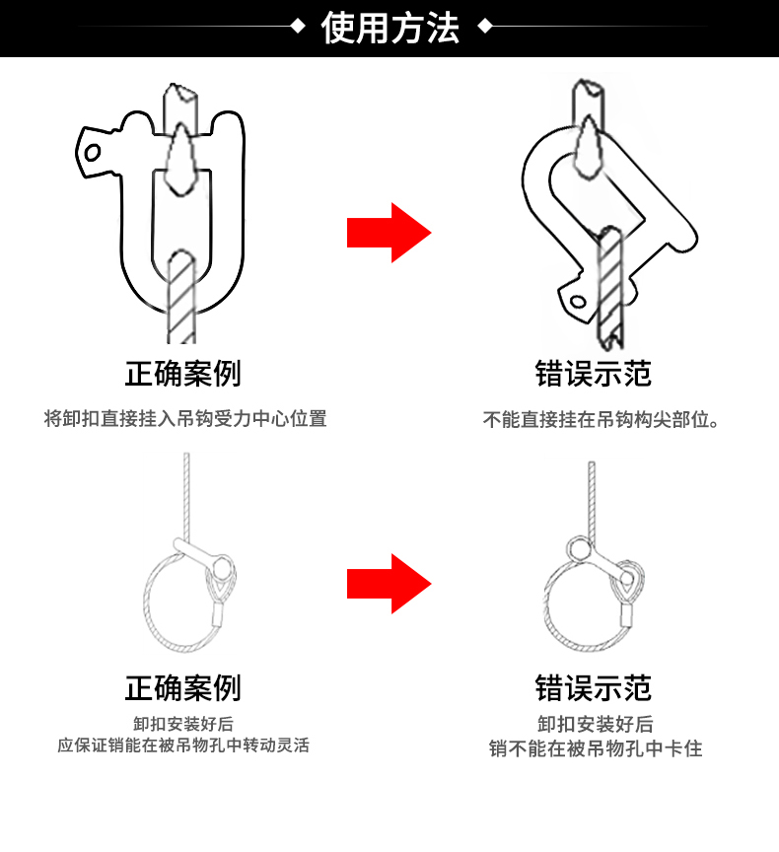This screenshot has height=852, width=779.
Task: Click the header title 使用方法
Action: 390,28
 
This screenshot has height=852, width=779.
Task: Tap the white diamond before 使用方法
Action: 298,28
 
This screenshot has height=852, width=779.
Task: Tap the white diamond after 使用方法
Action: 484,28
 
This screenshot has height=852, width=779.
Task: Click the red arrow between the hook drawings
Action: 389,233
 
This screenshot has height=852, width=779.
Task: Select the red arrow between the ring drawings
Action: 389,584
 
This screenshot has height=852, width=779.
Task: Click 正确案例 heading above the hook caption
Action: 182,374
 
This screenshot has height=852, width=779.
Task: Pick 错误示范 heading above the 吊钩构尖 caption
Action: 594,374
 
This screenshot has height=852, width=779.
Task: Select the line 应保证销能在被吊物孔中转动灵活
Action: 183,745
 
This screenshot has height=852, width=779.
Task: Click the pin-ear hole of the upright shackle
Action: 93,153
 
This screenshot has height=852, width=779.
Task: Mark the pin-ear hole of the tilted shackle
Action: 575,300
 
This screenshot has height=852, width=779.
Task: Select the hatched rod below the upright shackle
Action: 182,296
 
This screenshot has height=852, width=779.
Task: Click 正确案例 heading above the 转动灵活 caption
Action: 182,688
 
